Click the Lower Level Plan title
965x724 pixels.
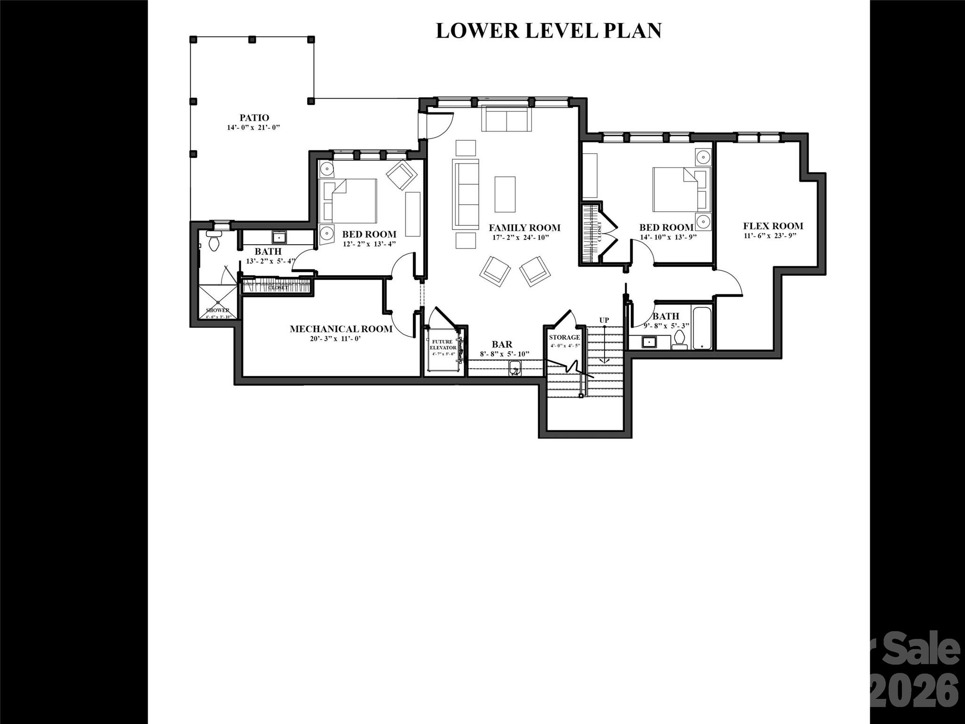pos(548,31)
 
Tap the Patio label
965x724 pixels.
pos(254,118)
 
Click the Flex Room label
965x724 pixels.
pos(773,226)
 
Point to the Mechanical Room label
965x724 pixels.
pos(341,329)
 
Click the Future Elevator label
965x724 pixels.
pos(443,345)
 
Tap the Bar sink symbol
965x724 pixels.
pos(515,368)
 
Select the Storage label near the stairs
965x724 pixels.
pos(564,337)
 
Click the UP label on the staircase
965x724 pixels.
pos(604,320)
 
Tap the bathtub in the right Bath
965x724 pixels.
pos(702,328)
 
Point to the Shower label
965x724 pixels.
pos(217,310)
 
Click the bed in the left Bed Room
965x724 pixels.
pos(349,201)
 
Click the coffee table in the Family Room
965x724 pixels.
pos(505,194)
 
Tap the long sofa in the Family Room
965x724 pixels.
pos(466,194)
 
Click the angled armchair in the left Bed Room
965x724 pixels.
pos(401,175)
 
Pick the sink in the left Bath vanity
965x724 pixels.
pos(278,237)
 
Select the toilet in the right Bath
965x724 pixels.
pos(679,339)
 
